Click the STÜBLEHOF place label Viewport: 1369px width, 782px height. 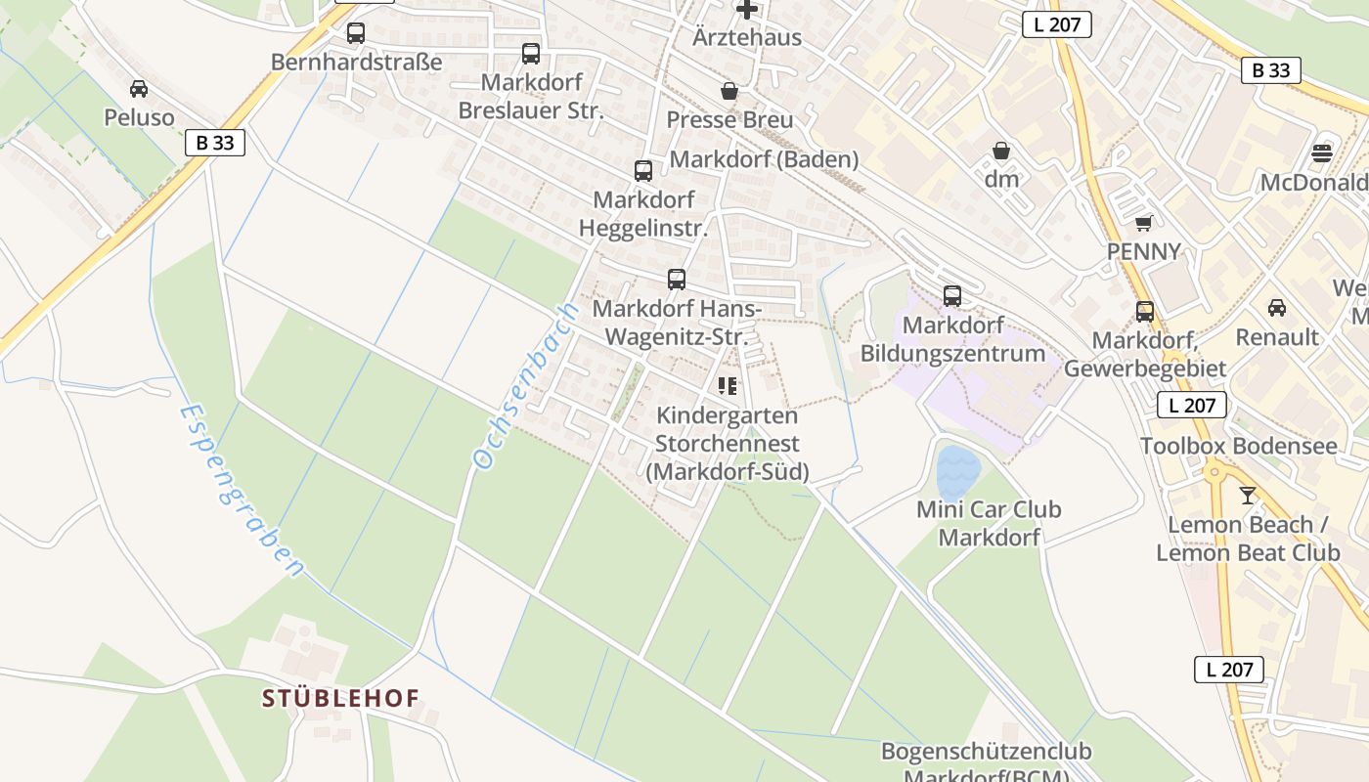pyautogui.click(x=340, y=698)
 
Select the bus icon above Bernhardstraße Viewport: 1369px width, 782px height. pyautogui.click(x=356, y=33)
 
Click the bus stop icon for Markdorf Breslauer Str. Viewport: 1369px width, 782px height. pyautogui.click(x=531, y=54)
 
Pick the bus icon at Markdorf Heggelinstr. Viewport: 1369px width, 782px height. pyautogui.click(x=643, y=171)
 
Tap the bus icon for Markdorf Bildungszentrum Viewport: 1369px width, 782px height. pyautogui.click(x=952, y=296)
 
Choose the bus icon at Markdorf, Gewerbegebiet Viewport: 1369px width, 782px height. pyautogui.click(x=1145, y=312)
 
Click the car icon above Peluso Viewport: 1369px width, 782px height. pyautogui.click(x=139, y=89)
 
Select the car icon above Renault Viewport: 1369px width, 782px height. pyautogui.click(x=1276, y=308)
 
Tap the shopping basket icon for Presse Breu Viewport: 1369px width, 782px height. pyautogui.click(x=729, y=91)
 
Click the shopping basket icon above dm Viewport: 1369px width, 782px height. pyautogui.click(x=1001, y=151)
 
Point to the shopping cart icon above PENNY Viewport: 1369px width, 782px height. pyautogui.click(x=1144, y=223)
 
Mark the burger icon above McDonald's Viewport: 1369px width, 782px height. pyautogui.click(x=1322, y=152)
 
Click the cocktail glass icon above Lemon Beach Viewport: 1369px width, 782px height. pyautogui.click(x=1247, y=496)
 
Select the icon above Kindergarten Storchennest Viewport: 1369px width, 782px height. pyautogui.click(x=728, y=386)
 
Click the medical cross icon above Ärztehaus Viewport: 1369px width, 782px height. pyautogui.click(x=747, y=10)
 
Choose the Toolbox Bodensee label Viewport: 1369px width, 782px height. pyautogui.click(x=1238, y=447)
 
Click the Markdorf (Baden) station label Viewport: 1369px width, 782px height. pyautogui.click(x=764, y=159)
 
